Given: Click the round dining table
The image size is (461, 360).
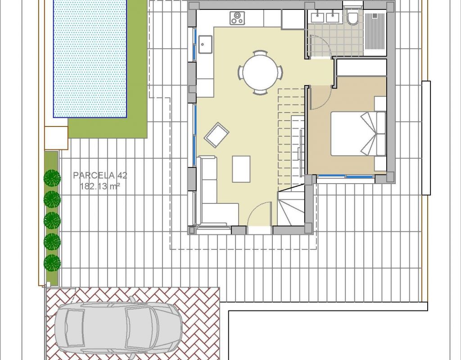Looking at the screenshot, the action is (x=260, y=72).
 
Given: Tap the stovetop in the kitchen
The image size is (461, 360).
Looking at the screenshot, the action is (x=237, y=18).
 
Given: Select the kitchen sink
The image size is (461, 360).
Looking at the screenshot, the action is (x=205, y=45).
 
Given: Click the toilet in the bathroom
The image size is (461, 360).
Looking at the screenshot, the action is (x=352, y=18).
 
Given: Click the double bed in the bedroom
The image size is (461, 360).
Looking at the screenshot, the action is (x=358, y=133).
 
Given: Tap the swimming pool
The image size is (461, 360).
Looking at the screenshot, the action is (x=90, y=58).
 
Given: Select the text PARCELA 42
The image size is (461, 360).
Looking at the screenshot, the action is (x=100, y=175).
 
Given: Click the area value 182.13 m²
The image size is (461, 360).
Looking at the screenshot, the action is (x=100, y=186).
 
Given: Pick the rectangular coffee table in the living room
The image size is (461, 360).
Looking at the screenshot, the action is (x=241, y=169).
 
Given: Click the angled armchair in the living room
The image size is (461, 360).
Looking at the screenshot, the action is (x=217, y=135).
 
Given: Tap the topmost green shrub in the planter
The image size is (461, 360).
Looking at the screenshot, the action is (x=52, y=178).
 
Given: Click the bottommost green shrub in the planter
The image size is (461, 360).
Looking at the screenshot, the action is (x=52, y=262).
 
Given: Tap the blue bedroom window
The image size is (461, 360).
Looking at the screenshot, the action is (x=345, y=176).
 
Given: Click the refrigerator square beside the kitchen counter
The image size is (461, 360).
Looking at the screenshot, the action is (x=293, y=19).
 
